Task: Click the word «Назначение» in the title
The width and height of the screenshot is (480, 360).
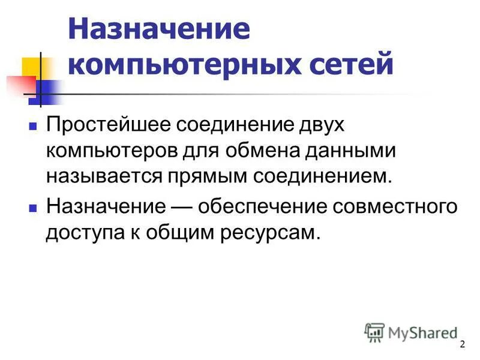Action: (159, 31)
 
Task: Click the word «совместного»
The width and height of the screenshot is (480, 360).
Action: (400, 207)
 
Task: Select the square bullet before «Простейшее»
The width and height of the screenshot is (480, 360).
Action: (34, 127)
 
